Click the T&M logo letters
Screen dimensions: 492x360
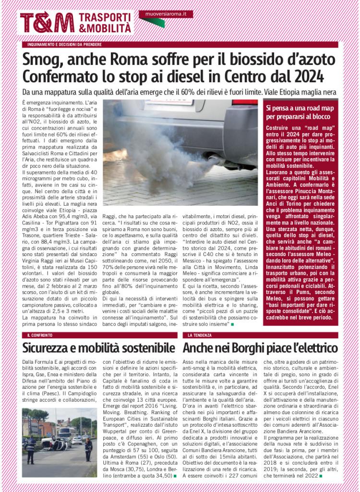pyautogui.click(x=47, y=23)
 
